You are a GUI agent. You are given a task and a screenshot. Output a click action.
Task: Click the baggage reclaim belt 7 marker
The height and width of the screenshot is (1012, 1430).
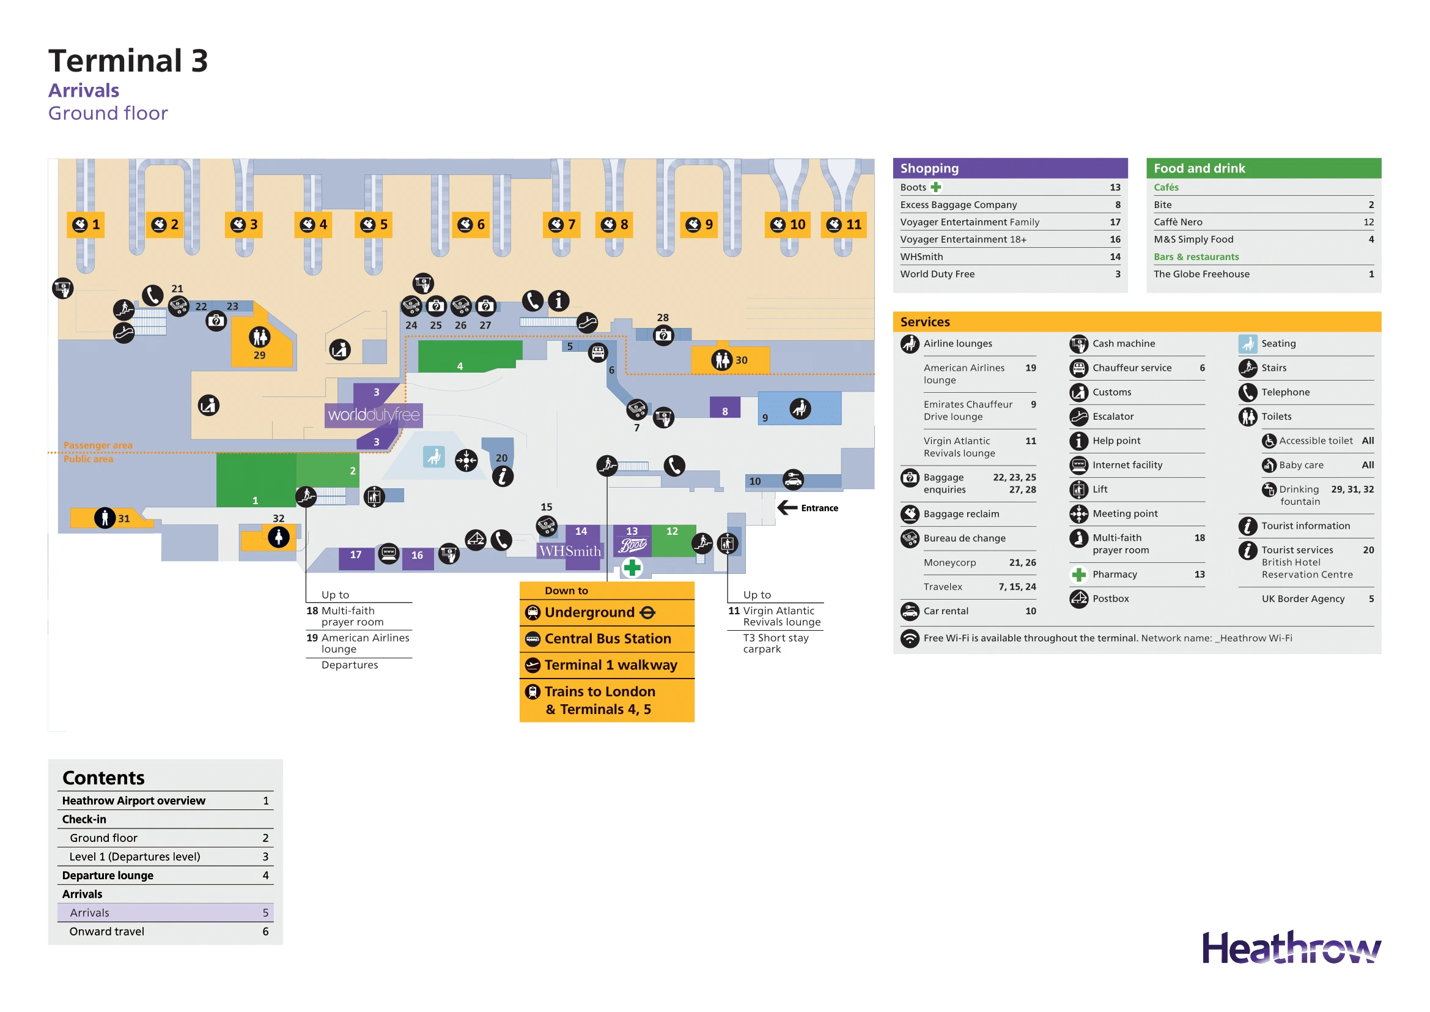point(561,225)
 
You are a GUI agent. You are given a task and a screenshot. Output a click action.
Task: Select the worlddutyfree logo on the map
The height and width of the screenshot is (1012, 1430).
point(374,415)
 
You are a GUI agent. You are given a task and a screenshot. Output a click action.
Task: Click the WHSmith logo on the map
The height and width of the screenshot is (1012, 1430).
point(570,551)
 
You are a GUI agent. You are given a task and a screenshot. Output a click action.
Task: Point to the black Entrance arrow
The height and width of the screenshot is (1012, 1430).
point(787,508)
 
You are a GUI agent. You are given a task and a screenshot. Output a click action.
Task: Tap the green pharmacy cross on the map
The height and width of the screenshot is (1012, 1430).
point(632,568)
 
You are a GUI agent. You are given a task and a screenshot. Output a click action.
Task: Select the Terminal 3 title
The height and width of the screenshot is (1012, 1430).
point(128,61)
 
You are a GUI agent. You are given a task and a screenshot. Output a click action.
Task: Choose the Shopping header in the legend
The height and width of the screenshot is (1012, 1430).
point(929,168)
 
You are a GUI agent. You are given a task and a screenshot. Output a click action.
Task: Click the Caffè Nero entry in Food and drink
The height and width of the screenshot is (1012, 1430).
point(1178,222)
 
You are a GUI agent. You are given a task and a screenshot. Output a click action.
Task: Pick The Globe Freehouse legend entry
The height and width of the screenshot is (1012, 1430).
point(1201,274)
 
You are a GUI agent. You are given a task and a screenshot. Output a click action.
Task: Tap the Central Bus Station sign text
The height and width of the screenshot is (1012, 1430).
point(607,639)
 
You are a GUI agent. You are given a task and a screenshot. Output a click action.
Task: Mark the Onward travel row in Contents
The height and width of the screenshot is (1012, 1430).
point(106,932)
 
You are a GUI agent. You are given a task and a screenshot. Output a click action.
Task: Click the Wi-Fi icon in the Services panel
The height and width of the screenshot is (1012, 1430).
point(910,639)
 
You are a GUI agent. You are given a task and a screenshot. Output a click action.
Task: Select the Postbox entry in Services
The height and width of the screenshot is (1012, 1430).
point(1110,599)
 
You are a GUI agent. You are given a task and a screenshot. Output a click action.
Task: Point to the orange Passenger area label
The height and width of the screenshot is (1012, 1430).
point(98,445)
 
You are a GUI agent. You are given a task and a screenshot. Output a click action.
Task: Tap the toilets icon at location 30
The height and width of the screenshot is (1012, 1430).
point(721,360)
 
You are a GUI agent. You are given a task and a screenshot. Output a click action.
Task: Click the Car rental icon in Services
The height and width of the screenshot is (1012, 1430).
point(910,611)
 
